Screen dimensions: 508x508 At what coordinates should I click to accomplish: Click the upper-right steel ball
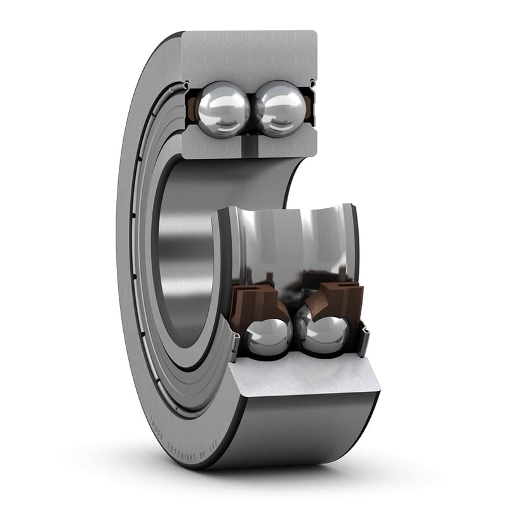[x=279, y=109]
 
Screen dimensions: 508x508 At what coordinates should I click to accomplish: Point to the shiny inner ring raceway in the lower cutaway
[x=292, y=241]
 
